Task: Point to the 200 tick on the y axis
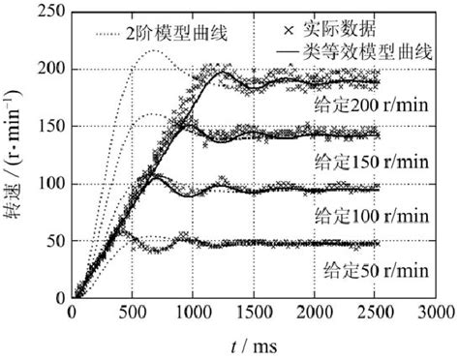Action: tap(48, 70)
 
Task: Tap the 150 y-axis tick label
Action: tap(48, 126)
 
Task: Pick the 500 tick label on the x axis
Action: tap(130, 313)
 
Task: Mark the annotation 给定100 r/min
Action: tap(372, 213)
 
